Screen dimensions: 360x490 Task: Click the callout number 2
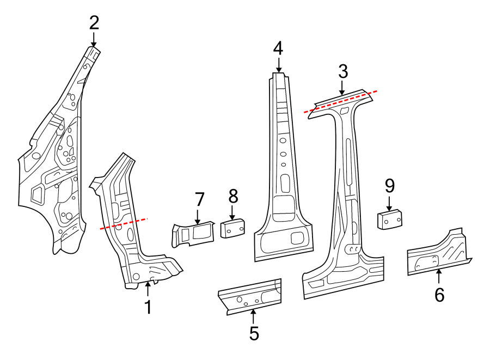[94, 23]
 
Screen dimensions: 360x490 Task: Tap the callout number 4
[278, 48]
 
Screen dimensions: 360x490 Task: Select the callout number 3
[342, 71]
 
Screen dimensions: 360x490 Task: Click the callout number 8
[232, 196]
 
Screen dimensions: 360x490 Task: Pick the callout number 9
[389, 187]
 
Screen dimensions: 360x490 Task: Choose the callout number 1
[148, 307]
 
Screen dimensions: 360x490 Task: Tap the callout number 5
[254, 333]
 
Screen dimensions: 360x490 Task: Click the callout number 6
[439, 295]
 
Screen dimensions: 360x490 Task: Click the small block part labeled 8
[232, 228]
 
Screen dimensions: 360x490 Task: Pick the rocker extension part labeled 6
[438, 253]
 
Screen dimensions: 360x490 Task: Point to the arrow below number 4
[278, 66]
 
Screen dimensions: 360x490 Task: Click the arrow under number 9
[389, 205]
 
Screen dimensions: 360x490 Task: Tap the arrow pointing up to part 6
[439, 275]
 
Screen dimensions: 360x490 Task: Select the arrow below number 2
[94, 40]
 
